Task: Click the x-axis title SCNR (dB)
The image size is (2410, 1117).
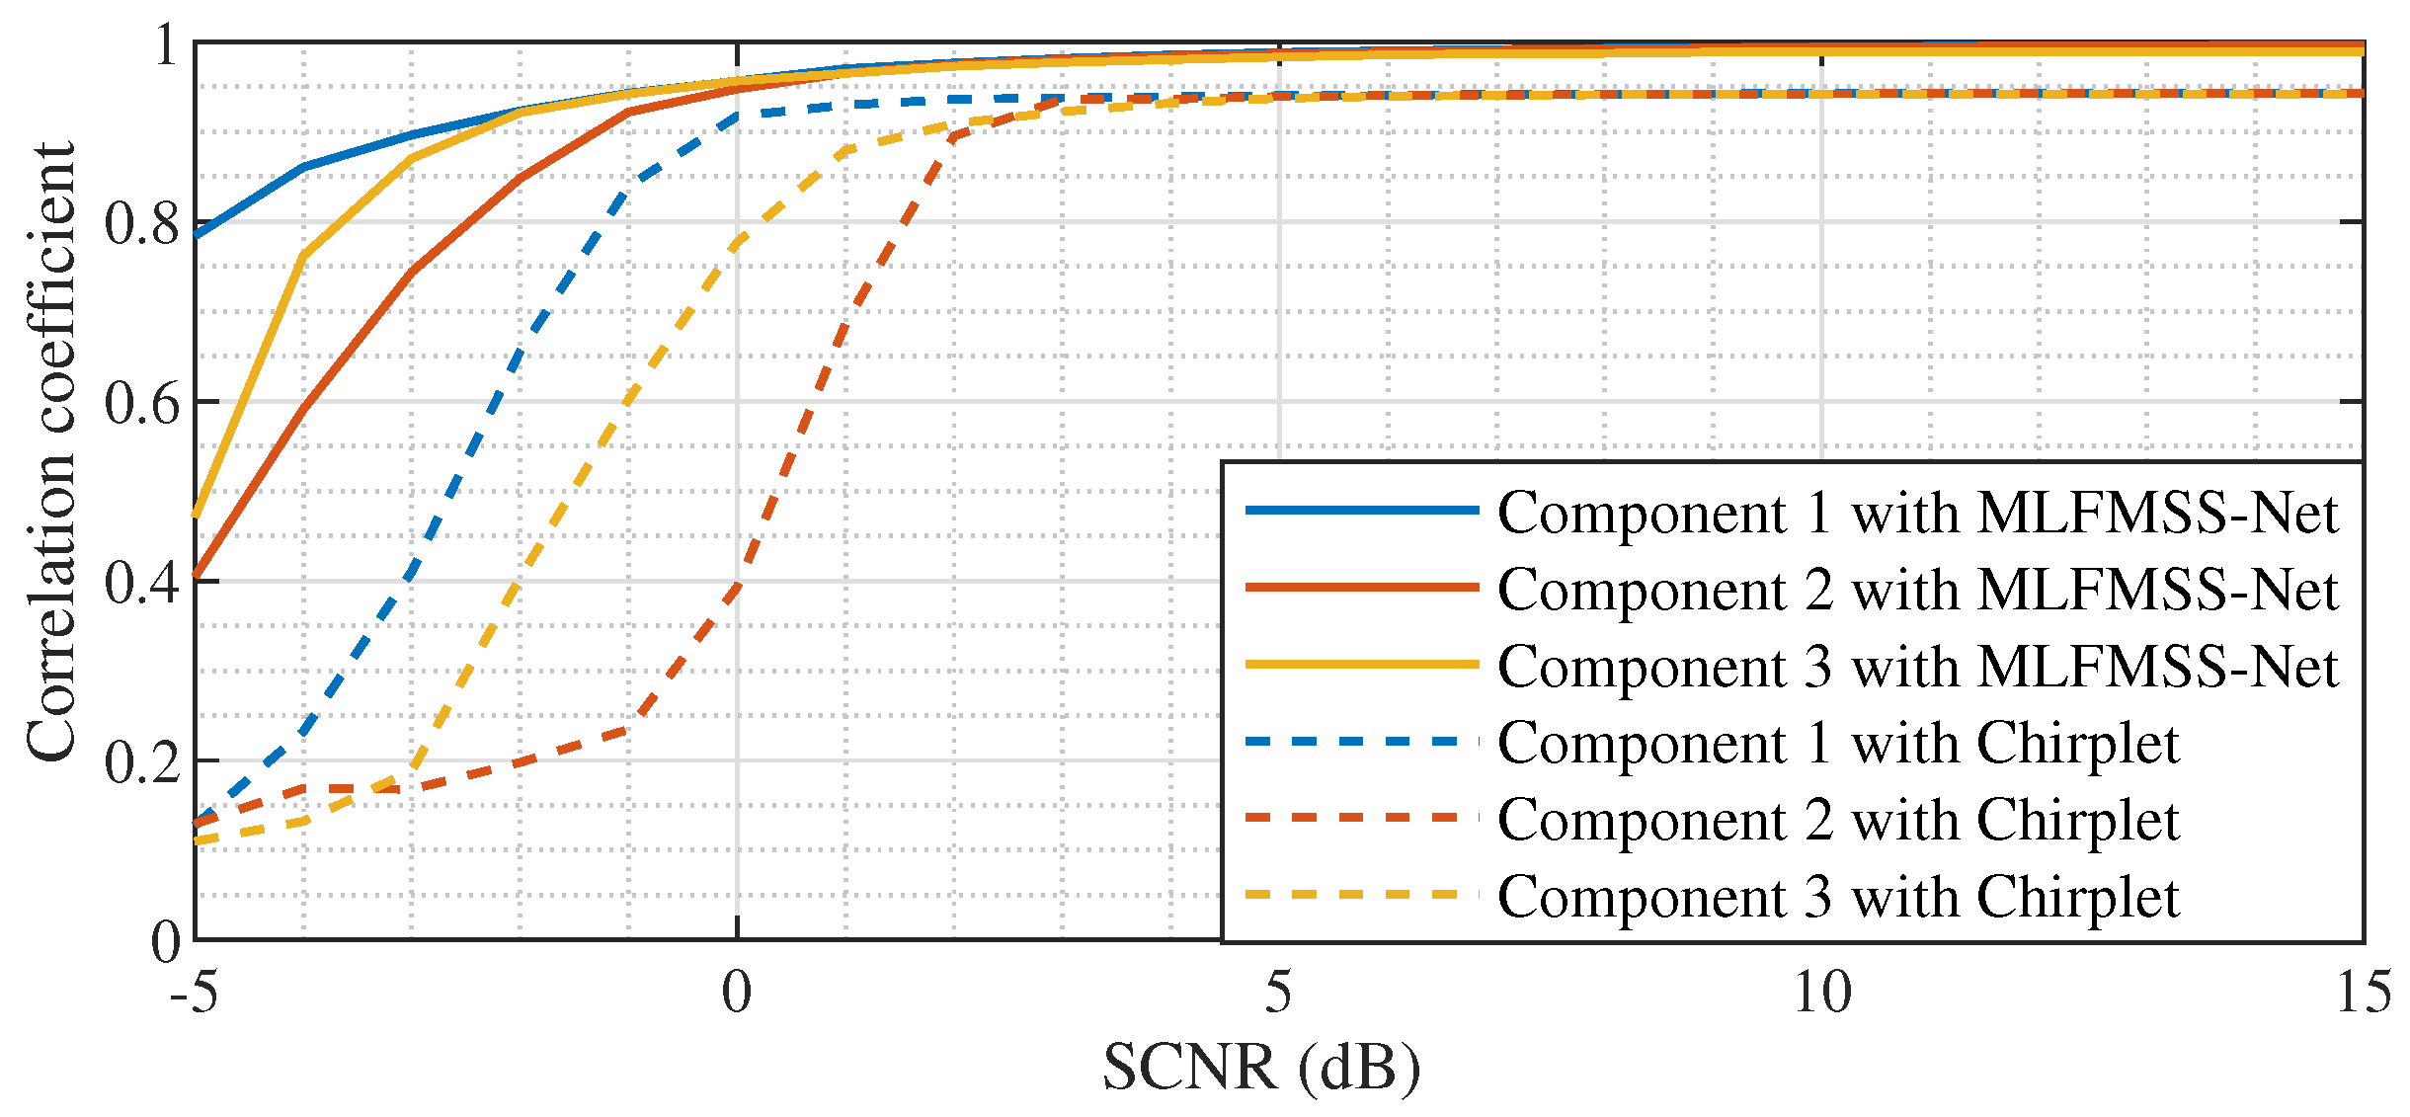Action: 1261,1069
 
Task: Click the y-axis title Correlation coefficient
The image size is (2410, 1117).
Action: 51,452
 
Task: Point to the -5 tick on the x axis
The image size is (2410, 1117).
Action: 194,993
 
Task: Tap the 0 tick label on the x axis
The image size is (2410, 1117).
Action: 737,993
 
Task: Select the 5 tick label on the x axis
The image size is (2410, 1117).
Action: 1279,993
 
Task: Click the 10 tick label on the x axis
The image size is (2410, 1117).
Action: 1821,993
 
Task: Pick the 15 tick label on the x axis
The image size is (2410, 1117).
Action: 2363,993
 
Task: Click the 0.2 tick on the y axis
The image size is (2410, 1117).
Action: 143,761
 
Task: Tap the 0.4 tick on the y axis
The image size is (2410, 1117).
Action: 143,582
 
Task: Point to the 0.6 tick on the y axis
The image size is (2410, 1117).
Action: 143,402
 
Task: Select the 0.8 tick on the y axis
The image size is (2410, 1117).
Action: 143,223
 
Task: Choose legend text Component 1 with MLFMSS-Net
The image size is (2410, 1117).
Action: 1917,513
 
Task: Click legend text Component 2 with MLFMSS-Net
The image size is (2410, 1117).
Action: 1917,590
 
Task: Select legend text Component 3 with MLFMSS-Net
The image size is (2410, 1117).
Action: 1917,667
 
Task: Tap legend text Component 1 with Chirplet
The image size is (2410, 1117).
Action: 1838,743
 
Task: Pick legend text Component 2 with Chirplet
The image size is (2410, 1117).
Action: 1838,820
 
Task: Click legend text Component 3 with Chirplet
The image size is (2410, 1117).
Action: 1838,897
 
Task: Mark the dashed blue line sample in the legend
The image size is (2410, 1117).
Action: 1362,741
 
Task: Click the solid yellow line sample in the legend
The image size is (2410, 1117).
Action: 1362,665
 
